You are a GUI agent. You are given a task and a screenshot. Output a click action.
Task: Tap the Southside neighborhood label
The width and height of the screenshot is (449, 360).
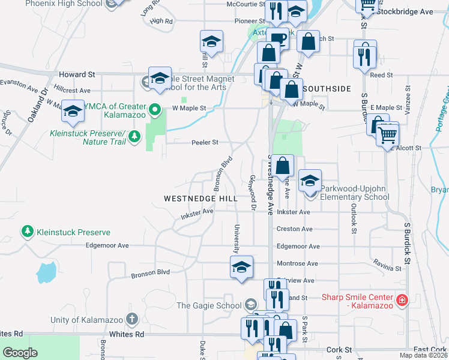[327, 89]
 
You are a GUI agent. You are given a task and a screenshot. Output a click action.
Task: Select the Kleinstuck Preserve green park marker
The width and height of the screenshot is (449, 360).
[27, 231]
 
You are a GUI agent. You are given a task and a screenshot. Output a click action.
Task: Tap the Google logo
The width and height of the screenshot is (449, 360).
[20, 353]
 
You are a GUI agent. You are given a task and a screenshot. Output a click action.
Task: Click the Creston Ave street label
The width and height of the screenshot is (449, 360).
[294, 229]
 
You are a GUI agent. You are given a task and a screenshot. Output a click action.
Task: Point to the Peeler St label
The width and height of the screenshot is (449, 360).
[204, 142]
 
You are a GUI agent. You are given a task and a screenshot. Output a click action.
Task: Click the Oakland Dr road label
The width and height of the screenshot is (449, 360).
[37, 106]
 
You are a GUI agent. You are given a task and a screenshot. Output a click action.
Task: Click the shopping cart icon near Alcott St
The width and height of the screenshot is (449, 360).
[388, 134]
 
